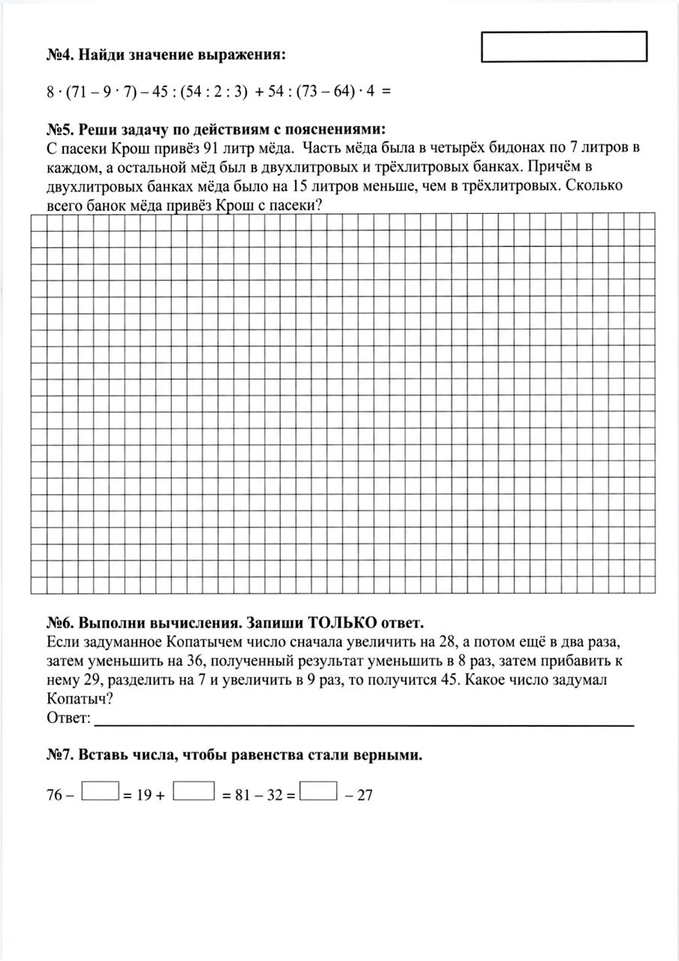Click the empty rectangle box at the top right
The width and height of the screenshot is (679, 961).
pos(563,47)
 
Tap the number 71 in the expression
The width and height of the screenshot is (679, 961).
pos(80,92)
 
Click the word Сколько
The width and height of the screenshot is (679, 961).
pos(596,185)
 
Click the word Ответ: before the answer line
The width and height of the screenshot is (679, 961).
pos(68,719)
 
